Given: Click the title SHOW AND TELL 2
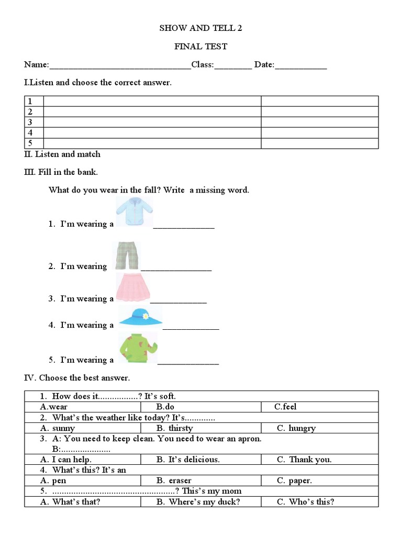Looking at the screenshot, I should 200,28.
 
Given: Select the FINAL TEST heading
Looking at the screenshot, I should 200,47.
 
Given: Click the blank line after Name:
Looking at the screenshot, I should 120,66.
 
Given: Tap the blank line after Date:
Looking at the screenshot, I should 300,66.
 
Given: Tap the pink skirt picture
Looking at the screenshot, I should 133,287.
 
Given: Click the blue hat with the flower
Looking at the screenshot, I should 140,317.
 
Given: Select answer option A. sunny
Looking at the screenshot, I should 58,428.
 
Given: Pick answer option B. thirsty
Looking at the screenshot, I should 174,428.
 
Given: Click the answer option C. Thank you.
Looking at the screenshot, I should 304,460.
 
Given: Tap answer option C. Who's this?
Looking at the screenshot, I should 305,501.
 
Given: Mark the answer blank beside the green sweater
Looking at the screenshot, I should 188,362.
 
